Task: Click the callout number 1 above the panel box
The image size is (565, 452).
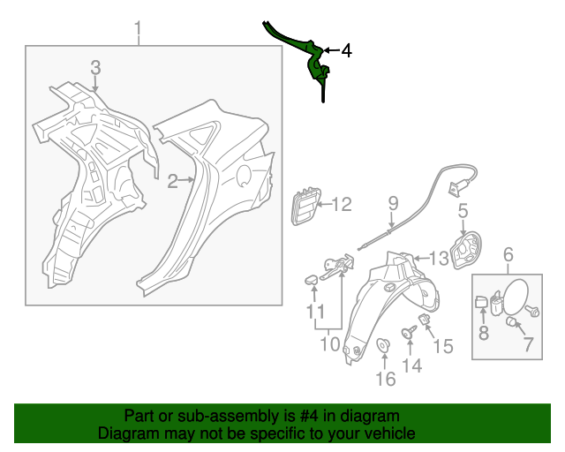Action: pyautogui.click(x=138, y=32)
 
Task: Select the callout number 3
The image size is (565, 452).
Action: pyautogui.click(x=95, y=67)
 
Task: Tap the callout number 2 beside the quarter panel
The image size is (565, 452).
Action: pyautogui.click(x=174, y=181)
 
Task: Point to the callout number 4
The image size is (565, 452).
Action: pyautogui.click(x=346, y=51)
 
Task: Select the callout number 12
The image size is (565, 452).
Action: pyautogui.click(x=341, y=206)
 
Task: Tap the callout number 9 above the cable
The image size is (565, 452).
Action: pyautogui.click(x=393, y=206)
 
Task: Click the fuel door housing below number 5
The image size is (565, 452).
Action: pyautogui.click(x=466, y=251)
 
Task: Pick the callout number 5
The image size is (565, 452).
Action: pyautogui.click(x=462, y=211)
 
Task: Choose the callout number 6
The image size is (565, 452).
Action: pyautogui.click(x=508, y=256)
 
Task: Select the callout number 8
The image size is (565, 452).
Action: pyautogui.click(x=483, y=333)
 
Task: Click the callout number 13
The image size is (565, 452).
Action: pyautogui.click(x=439, y=257)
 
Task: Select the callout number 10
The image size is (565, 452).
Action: pyautogui.click(x=328, y=343)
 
